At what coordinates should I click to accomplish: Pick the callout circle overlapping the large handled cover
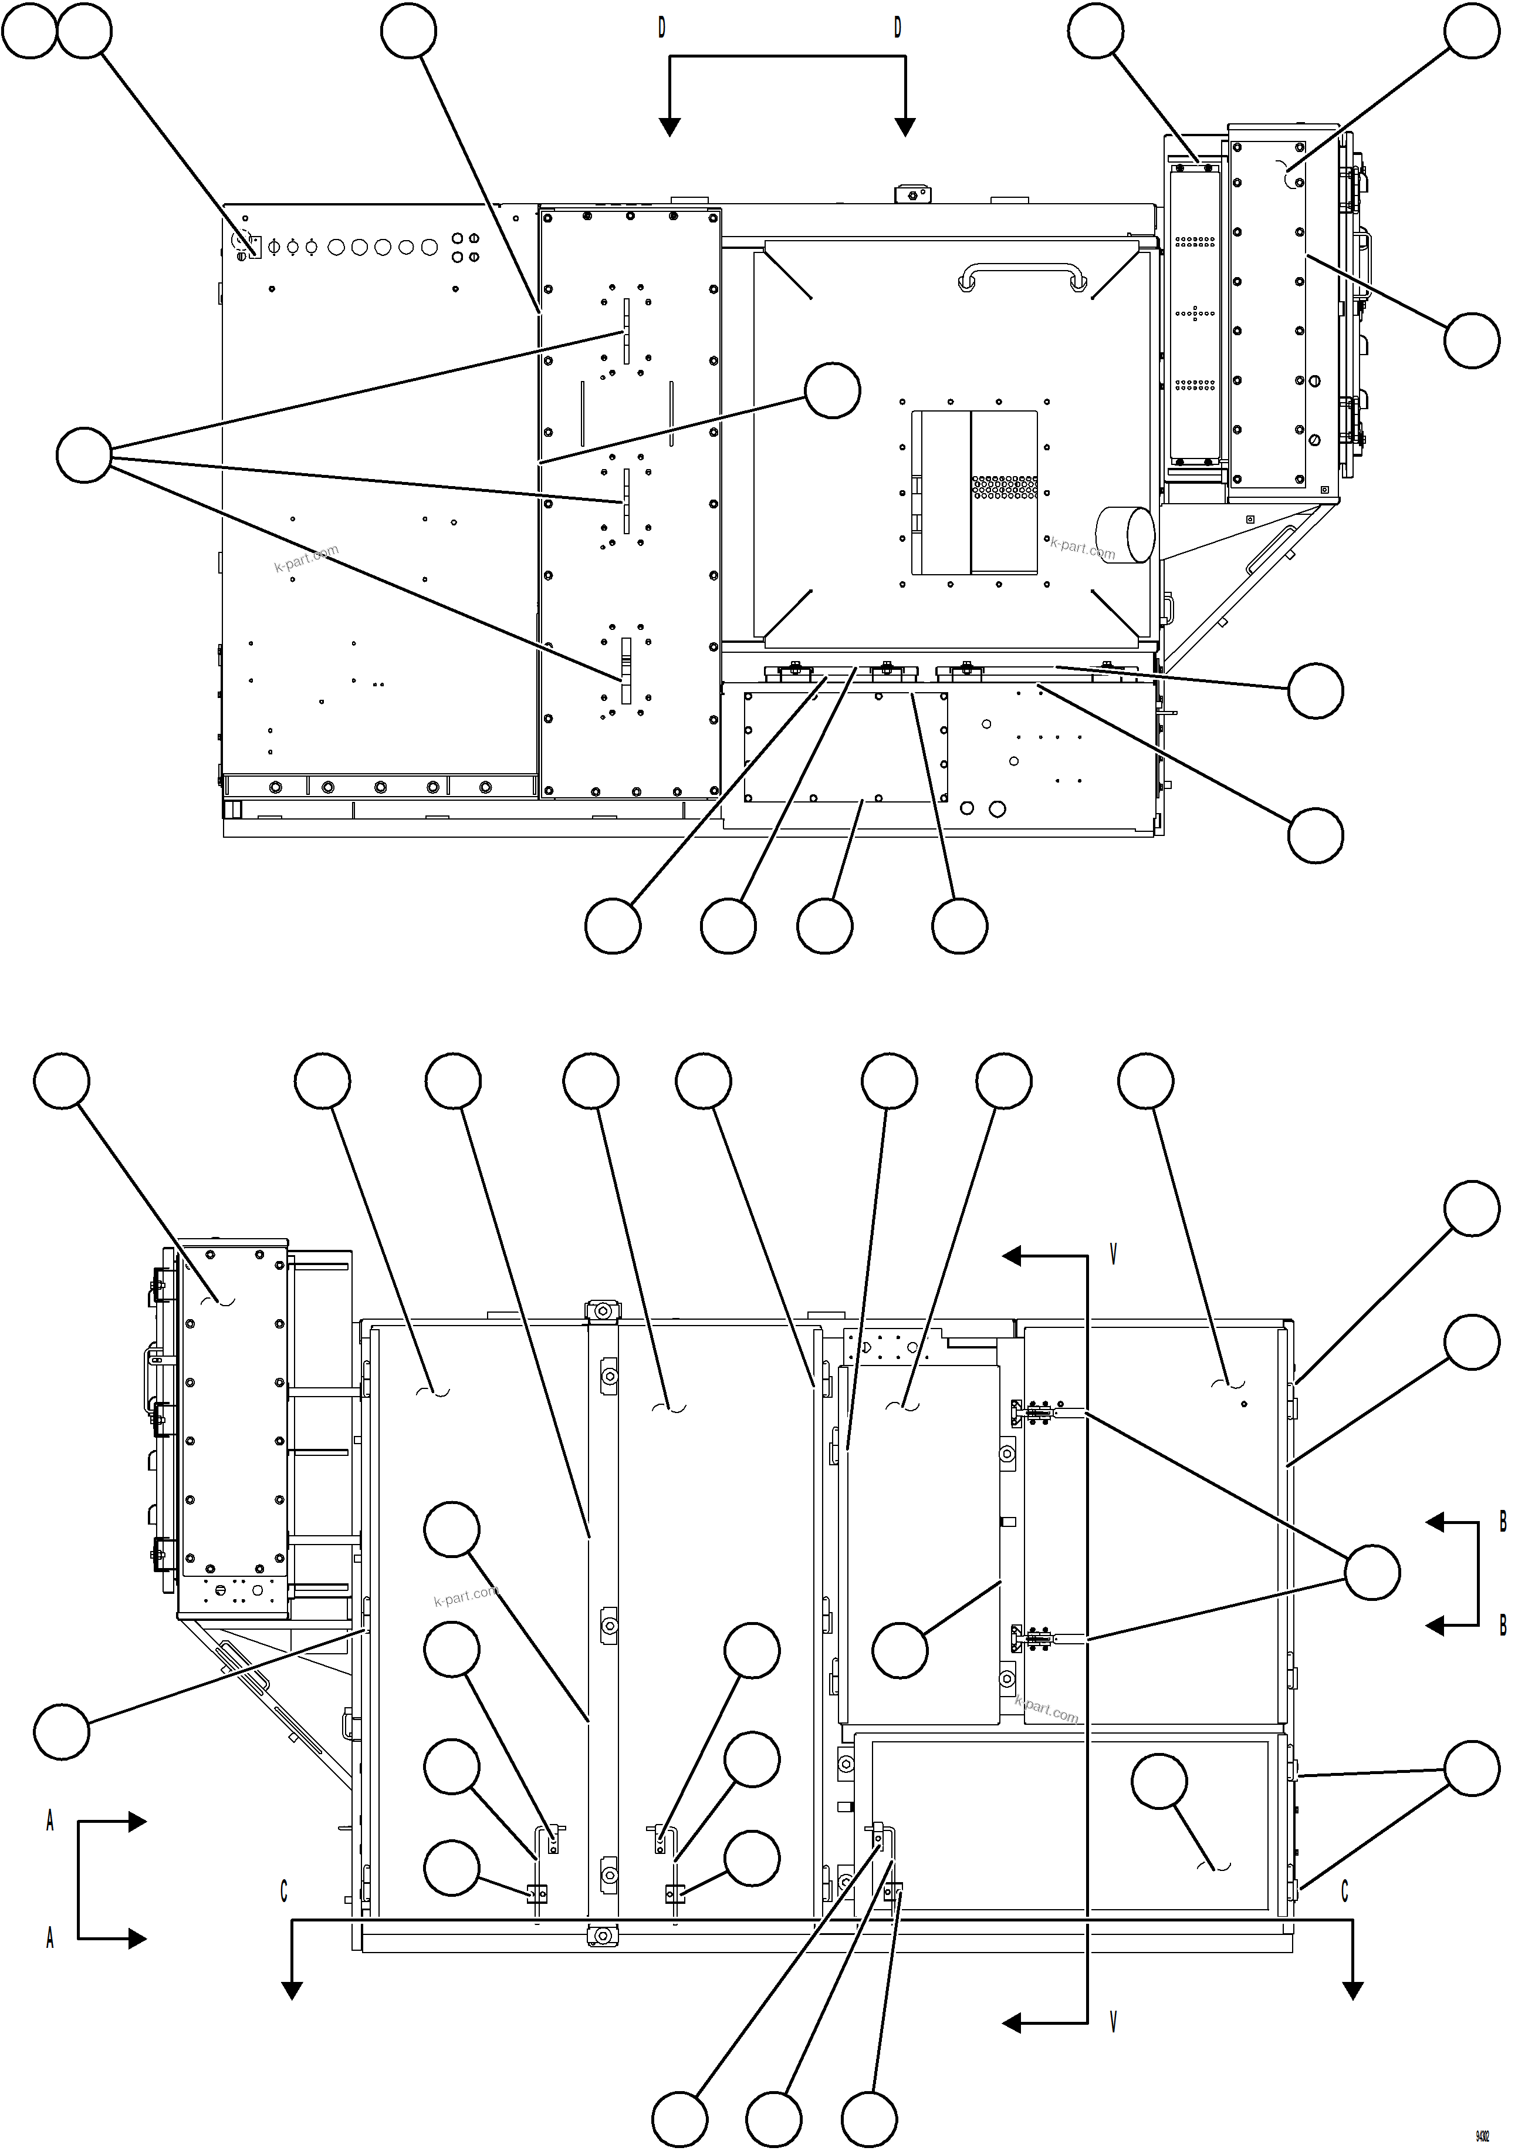coord(833,391)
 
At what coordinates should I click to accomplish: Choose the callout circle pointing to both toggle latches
coord(1372,1572)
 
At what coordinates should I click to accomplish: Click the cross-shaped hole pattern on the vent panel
coord(1195,313)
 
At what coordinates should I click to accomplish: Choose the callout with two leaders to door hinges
coord(1472,1769)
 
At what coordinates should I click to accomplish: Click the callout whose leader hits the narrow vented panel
coord(1096,31)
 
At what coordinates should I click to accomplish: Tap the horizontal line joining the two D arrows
coord(787,56)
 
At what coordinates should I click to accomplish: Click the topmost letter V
coord(1114,1255)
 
